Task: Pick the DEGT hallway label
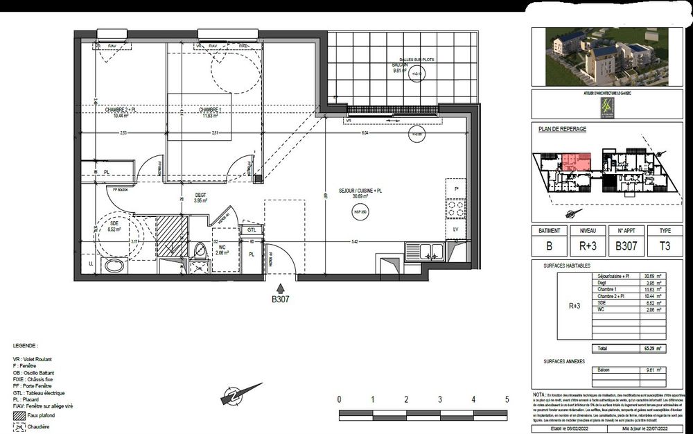[201, 196]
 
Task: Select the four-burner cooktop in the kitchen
[456, 209]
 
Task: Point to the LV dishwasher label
[456, 229]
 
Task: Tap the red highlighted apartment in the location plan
[575, 162]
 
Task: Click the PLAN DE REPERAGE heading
[561, 129]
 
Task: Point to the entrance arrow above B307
[280, 288]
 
